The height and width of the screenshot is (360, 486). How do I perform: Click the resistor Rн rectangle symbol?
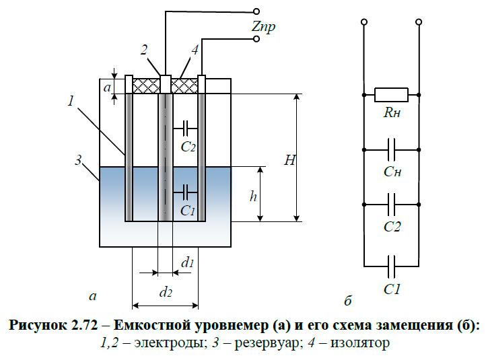(x=391, y=95)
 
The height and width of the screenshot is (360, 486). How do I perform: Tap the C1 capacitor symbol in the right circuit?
(x=391, y=260)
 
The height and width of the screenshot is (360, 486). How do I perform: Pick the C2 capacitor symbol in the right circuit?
(x=391, y=203)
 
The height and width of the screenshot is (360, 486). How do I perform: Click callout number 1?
(x=71, y=100)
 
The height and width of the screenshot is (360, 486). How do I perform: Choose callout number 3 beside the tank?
(x=78, y=161)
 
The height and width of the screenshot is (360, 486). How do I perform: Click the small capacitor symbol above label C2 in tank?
(x=184, y=126)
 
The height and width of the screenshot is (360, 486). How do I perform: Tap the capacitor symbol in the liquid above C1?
(x=184, y=192)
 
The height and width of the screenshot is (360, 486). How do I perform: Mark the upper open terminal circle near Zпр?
(x=255, y=11)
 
